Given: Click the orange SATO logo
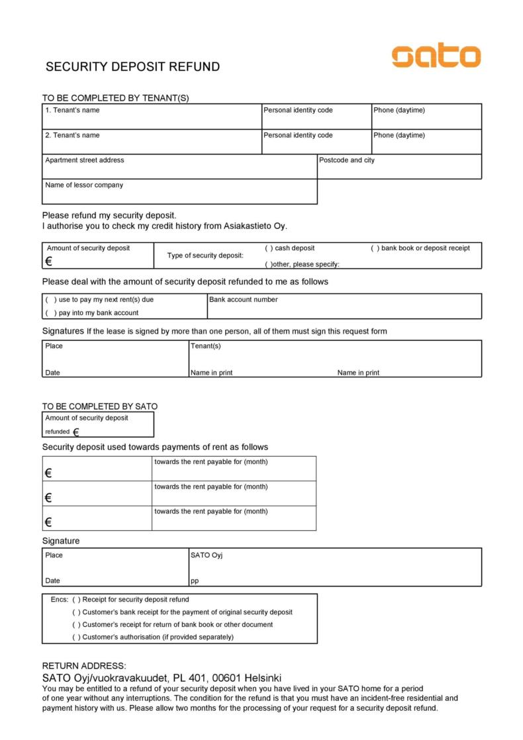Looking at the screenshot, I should coord(436,56).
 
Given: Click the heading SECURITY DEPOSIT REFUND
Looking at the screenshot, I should coord(132,67).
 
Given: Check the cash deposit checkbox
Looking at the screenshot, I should coord(269,248).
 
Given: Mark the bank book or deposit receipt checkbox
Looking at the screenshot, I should coord(375,248).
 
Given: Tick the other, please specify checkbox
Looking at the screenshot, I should coord(268,265).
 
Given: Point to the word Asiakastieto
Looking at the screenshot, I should coord(248,226).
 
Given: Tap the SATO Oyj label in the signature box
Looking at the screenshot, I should coord(207,555).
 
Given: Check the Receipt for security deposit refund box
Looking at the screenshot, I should coord(77,600).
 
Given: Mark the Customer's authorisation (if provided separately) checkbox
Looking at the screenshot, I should coord(77,637).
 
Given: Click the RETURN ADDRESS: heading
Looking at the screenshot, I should coord(84,666).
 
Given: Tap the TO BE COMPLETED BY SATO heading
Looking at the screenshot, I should coord(100,406).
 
